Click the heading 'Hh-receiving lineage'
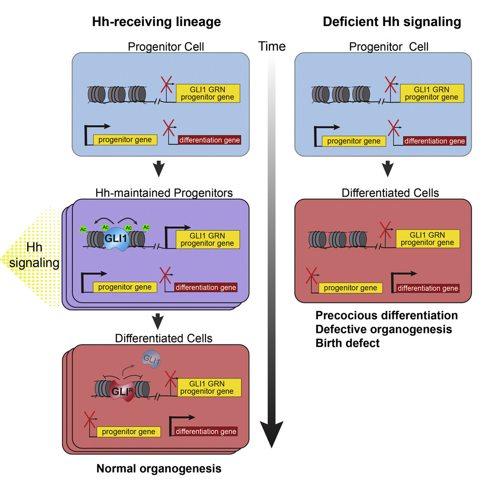[155, 22]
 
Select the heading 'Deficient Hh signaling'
[391, 22]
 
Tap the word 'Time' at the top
[272, 46]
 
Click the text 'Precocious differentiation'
[386, 315]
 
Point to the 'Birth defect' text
[347, 343]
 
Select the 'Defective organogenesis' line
[384, 329]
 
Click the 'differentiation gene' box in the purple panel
[206, 287]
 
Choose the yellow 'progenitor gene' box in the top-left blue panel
[125, 139]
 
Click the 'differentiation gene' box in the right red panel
[428, 288]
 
